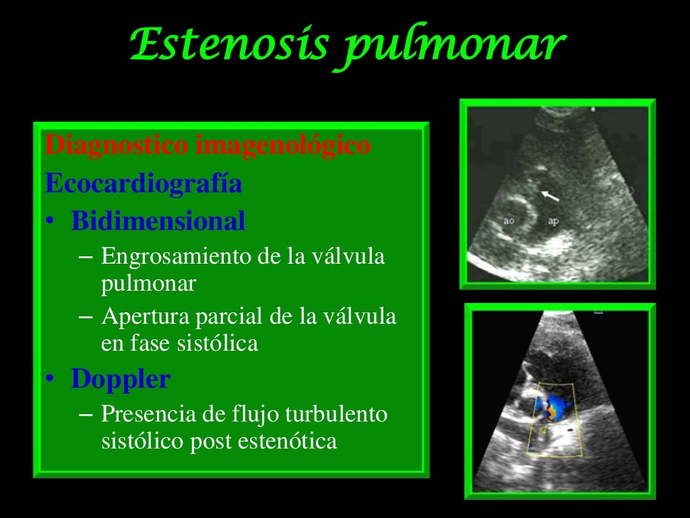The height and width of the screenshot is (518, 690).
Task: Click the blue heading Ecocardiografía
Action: click(x=144, y=184)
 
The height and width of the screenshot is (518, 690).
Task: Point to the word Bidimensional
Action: click(x=158, y=221)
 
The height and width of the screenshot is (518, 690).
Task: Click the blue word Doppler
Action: click(x=121, y=379)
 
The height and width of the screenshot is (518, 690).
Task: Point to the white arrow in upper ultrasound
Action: click(x=550, y=196)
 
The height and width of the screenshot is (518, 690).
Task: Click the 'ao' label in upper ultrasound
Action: click(x=509, y=220)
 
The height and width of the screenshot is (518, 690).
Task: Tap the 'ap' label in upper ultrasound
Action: click(x=553, y=221)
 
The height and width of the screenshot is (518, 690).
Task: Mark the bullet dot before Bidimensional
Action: click(x=51, y=223)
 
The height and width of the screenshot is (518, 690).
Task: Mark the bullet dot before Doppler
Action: click(x=51, y=380)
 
